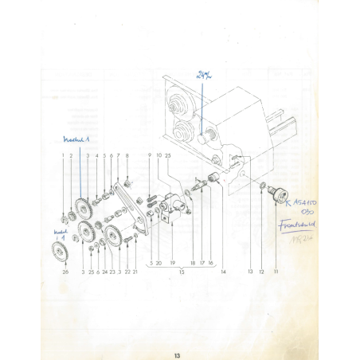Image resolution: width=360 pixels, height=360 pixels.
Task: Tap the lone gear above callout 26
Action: click(x=57, y=252)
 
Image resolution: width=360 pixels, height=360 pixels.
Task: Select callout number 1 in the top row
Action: click(x=64, y=155)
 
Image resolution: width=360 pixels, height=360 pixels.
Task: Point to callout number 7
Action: click(x=118, y=155)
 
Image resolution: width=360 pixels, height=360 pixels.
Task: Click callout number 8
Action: click(x=127, y=155)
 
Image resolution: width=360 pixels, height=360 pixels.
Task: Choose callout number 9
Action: click(x=150, y=154)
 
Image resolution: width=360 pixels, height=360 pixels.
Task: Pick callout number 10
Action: click(x=159, y=154)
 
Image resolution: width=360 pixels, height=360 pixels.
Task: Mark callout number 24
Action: click(x=105, y=272)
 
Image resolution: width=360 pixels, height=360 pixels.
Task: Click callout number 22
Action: click(x=127, y=272)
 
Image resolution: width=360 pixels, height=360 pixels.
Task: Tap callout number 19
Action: click(x=172, y=262)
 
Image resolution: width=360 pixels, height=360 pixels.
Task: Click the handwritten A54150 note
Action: click(x=306, y=204)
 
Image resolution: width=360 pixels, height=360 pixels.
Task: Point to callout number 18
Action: click(x=192, y=262)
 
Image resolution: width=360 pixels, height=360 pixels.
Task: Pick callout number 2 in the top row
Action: click(x=72, y=155)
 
